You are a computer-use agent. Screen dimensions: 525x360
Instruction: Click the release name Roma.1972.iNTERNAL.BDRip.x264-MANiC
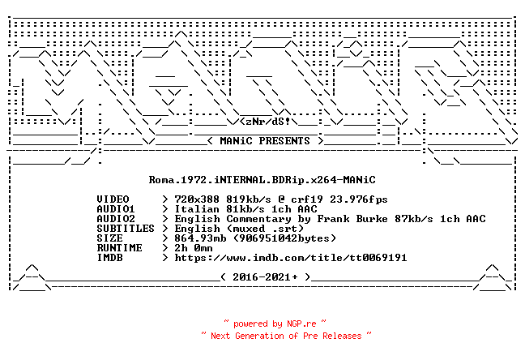262,180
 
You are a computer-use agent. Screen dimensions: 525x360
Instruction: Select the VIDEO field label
113,199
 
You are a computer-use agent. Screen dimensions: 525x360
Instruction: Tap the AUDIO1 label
116,209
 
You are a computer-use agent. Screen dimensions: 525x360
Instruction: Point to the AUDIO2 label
116,219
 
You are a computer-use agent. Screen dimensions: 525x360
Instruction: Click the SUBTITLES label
126,229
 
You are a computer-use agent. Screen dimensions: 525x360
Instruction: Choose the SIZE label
110,238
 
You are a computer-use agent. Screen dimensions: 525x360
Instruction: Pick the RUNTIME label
120,248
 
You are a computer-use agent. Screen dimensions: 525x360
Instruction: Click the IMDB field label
110,258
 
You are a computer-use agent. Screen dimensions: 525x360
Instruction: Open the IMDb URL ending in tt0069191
291,258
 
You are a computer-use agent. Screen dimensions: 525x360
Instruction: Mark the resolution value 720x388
197,199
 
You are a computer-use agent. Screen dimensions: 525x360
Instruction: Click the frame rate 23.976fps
359,199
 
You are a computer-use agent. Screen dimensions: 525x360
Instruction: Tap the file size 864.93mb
200,238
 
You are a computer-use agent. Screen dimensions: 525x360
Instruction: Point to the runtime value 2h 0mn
194,248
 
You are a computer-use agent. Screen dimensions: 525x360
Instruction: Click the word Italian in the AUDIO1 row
197,209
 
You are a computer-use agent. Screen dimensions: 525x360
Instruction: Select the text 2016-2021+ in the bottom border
265,277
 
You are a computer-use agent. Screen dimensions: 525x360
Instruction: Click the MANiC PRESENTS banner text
265,141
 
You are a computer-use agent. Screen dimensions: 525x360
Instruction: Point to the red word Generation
259,336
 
